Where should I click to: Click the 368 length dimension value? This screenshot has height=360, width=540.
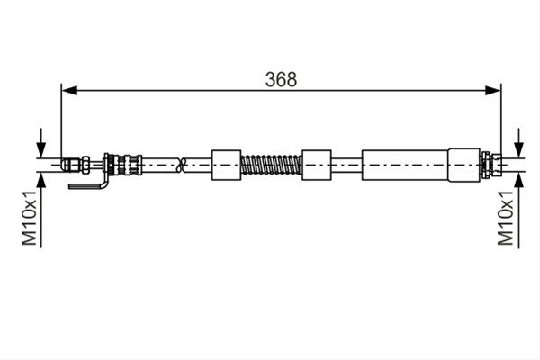[281, 79]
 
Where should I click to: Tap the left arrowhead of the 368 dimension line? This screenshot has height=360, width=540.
[69, 91]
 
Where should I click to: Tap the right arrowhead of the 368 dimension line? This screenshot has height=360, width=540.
[493, 91]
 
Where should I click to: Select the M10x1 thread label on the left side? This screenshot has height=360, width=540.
[30, 218]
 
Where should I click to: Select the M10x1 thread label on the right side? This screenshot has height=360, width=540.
[506, 218]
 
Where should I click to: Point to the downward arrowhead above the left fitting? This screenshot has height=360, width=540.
[41, 149]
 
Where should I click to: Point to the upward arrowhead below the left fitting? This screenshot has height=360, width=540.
[41, 181]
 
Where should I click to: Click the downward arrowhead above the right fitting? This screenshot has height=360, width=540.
[519, 149]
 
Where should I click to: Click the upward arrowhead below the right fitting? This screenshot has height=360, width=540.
[519, 181]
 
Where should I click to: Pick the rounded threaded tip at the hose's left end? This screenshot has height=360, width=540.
[71, 165]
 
